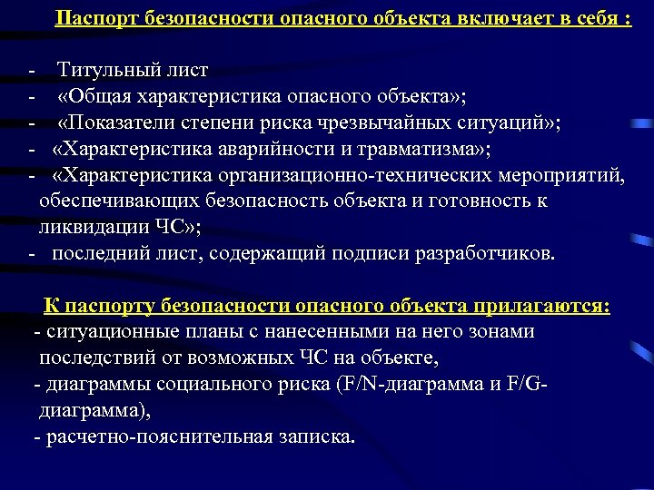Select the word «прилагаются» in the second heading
point(536,306)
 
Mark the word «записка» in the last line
point(318,436)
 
